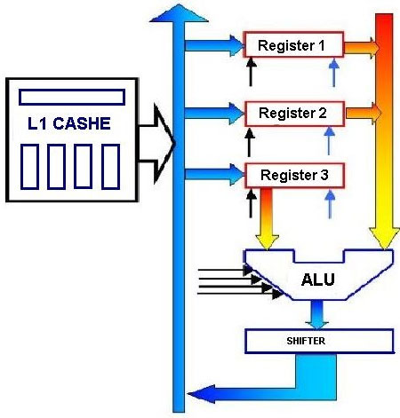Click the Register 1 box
[x=293, y=44]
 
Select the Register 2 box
[x=294, y=114]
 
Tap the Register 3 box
[x=294, y=175]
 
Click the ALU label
[x=318, y=280]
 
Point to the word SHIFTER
[x=306, y=341]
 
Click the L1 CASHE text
[x=69, y=123]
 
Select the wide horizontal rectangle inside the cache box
[x=72, y=97]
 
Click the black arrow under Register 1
[x=251, y=72]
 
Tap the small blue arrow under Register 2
[x=329, y=141]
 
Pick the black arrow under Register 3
[x=252, y=203]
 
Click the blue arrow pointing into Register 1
[x=214, y=45]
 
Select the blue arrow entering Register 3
[x=214, y=175]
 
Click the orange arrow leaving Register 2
[x=364, y=114]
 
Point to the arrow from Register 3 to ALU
[x=267, y=219]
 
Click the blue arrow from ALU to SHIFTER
[x=316, y=314]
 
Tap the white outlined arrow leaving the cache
[x=156, y=144]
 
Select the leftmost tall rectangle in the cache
[x=29, y=167]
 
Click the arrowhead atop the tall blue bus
[x=179, y=13]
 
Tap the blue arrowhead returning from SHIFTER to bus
[x=202, y=394]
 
